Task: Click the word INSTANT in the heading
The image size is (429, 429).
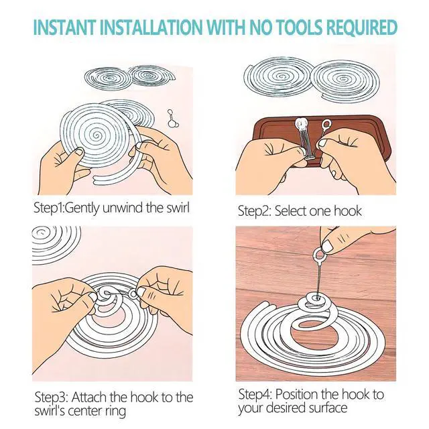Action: (65, 27)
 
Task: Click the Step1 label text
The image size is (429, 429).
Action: (49, 208)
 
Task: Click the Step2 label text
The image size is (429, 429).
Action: (255, 212)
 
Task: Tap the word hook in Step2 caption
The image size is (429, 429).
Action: (348, 211)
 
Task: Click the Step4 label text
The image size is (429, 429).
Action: (255, 395)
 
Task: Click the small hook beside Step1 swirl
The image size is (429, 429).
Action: (172, 119)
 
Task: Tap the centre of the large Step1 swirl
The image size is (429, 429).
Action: (96, 135)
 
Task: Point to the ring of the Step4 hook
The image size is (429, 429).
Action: (319, 255)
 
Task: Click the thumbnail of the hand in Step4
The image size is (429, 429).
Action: (328, 246)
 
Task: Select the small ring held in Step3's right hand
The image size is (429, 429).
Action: (133, 294)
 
